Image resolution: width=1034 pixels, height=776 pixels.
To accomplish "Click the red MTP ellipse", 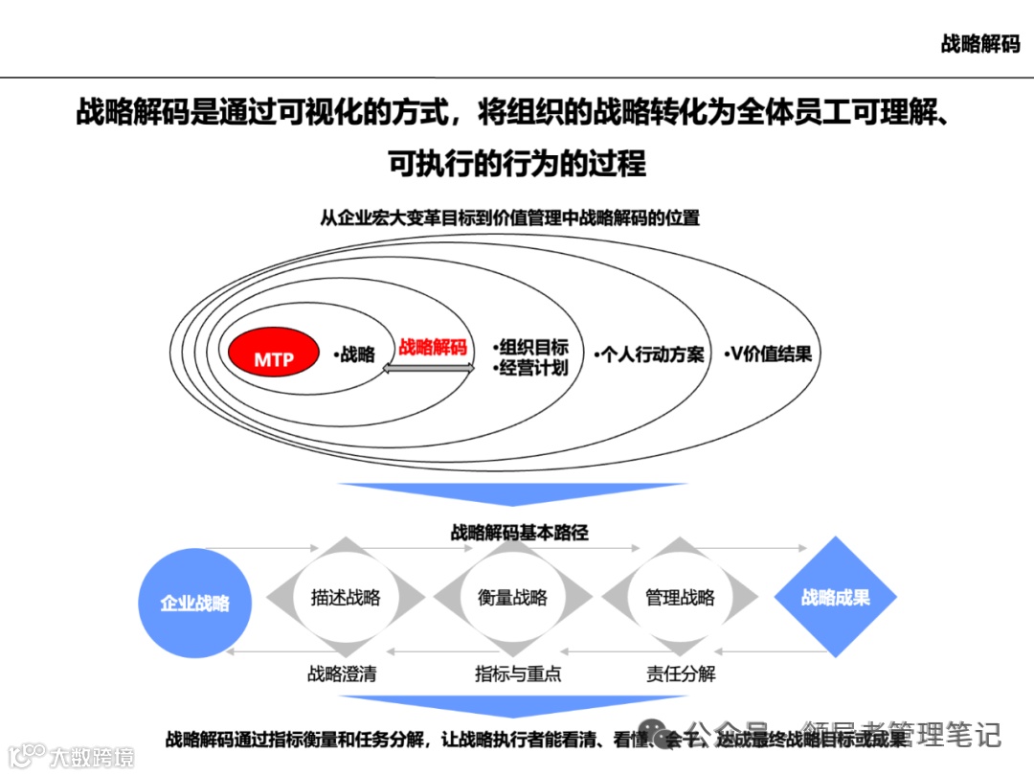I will (274, 359).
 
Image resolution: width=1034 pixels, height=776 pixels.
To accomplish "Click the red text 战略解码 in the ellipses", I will (433, 347).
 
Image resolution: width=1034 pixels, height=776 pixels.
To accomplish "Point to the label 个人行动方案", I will (649, 354).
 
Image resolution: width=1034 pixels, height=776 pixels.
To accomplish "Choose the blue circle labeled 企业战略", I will (195, 603).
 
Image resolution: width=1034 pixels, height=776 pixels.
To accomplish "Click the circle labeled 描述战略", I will (346, 598).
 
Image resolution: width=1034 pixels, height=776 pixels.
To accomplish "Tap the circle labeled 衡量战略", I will (512, 598).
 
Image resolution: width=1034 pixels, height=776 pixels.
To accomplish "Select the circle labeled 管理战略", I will (680, 598).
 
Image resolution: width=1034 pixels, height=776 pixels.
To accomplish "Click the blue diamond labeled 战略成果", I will (835, 598).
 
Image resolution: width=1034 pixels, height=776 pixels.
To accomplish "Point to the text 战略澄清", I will (342, 673).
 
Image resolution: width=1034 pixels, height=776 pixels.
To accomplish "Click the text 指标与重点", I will (517, 673).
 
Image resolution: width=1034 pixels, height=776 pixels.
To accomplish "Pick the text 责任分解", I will (681, 673).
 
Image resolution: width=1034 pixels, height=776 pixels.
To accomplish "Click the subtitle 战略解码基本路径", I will (519, 533).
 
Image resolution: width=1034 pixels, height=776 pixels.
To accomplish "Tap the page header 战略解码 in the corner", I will (979, 44).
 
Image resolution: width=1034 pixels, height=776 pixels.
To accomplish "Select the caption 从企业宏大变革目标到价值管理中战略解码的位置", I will (509, 218).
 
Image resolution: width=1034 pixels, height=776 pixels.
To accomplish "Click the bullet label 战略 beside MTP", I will (356, 354).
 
